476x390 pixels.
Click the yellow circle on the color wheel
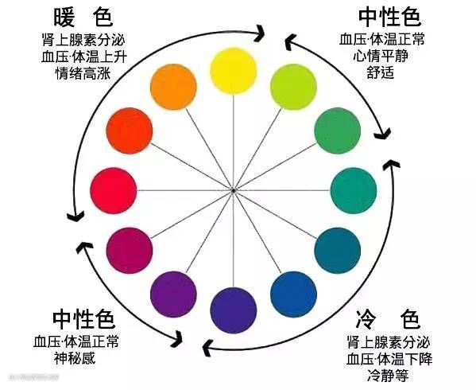pyautogui.click(x=234, y=71)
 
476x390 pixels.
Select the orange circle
pyautogui.click(x=173, y=87)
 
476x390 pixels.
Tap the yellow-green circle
pyautogui.click(x=293, y=87)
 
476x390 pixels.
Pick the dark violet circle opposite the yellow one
pyautogui.click(x=234, y=310)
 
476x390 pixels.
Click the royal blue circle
pyautogui.click(x=293, y=294)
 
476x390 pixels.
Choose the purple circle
pyautogui.click(x=173, y=294)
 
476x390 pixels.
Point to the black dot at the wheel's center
pyautogui.click(x=233, y=190)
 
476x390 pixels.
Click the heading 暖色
pyautogui.click(x=83, y=18)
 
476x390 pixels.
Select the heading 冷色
pyautogui.click(x=388, y=319)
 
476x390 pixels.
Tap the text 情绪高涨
pyautogui.click(x=83, y=73)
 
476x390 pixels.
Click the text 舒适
pyautogui.click(x=381, y=72)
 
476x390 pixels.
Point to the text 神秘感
pyautogui.click(x=75, y=358)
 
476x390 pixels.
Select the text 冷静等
pyautogui.click(x=388, y=376)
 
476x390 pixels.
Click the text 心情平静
pyautogui.click(x=381, y=56)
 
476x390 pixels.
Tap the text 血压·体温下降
pyautogui.click(x=389, y=359)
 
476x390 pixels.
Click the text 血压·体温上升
pyautogui.click(x=84, y=57)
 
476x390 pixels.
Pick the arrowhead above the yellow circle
pyautogui.click(x=259, y=33)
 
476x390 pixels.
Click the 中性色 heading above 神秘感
pyautogui.click(x=83, y=319)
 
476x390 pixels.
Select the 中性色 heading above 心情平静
pyautogui.click(x=390, y=18)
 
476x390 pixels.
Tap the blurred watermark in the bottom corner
pyautogui.click(x=34, y=377)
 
